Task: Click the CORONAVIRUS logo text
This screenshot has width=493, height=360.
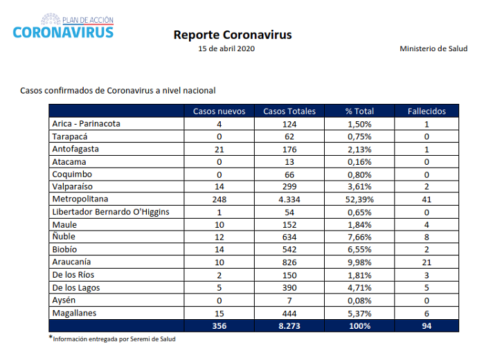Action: click(63, 33)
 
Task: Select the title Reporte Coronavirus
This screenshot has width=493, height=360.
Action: click(233, 35)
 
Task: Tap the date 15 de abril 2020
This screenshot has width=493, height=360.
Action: click(226, 48)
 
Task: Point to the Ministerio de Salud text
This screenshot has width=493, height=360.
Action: click(433, 48)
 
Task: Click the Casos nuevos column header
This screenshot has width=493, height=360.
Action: click(219, 111)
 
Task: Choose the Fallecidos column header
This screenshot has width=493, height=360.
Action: click(427, 111)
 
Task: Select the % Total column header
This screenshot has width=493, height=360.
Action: click(359, 111)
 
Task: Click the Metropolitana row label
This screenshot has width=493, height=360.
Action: click(80, 199)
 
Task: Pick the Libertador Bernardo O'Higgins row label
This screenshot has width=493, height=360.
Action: click(111, 212)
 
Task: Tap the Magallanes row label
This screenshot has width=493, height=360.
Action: click(74, 313)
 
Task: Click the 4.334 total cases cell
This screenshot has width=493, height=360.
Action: click(289, 199)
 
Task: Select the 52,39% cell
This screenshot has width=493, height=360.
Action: click(359, 199)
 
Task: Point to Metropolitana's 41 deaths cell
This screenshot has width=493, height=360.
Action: click(427, 199)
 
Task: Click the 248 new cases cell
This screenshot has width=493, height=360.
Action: click(219, 199)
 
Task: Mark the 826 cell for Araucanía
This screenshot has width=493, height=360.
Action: click(289, 262)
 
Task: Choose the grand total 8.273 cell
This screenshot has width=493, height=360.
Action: click(289, 326)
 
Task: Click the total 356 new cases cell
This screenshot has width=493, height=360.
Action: click(219, 326)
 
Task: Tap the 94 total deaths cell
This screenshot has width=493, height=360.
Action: click(427, 326)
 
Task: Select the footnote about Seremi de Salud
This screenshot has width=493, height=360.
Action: click(112, 339)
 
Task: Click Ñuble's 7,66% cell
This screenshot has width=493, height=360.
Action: click(359, 237)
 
